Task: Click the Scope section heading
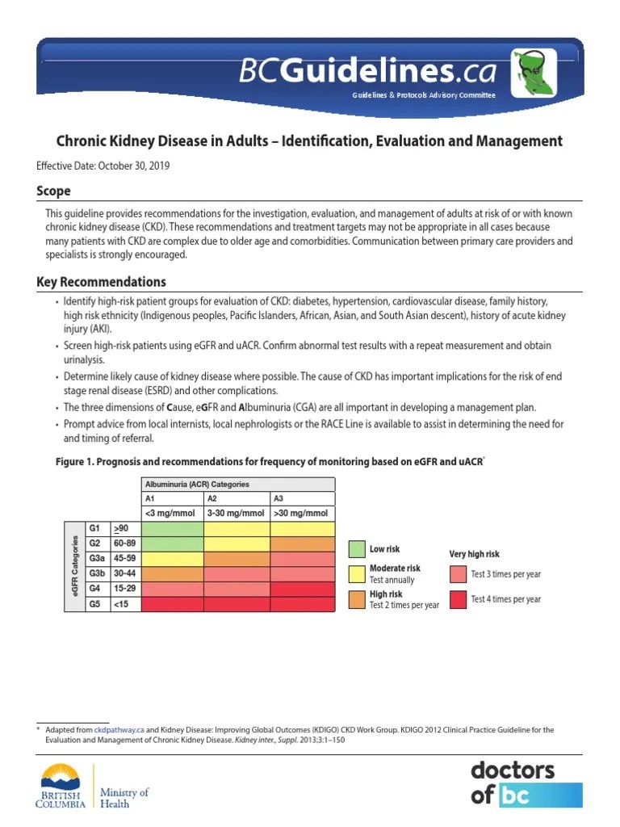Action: point(53,191)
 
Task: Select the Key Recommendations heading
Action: point(101,282)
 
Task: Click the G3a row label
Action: point(98,558)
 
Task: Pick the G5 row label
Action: point(95,603)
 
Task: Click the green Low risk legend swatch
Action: point(356,549)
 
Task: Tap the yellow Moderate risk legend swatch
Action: point(356,573)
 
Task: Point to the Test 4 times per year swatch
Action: point(458,598)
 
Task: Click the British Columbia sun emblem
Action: point(62,779)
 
